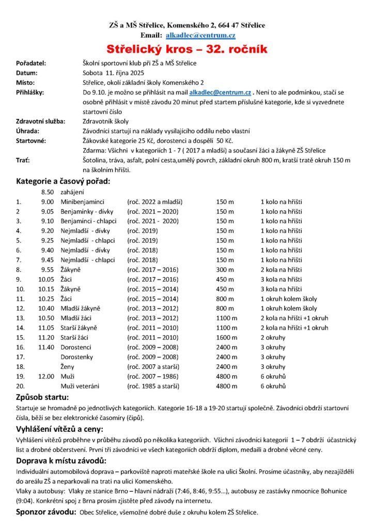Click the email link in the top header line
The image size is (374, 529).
(x=200, y=35)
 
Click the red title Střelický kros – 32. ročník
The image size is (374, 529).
(x=186, y=49)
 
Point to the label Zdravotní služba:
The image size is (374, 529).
(x=40, y=121)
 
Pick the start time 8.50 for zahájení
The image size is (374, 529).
(x=48, y=192)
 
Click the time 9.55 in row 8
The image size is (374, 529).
(x=48, y=269)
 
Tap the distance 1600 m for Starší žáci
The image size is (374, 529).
(x=226, y=337)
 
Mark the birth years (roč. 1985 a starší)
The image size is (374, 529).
(x=153, y=385)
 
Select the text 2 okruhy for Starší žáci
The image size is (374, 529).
(x=272, y=337)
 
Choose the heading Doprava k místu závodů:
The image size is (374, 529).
(x=61, y=460)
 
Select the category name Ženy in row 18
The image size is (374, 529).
(x=68, y=366)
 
